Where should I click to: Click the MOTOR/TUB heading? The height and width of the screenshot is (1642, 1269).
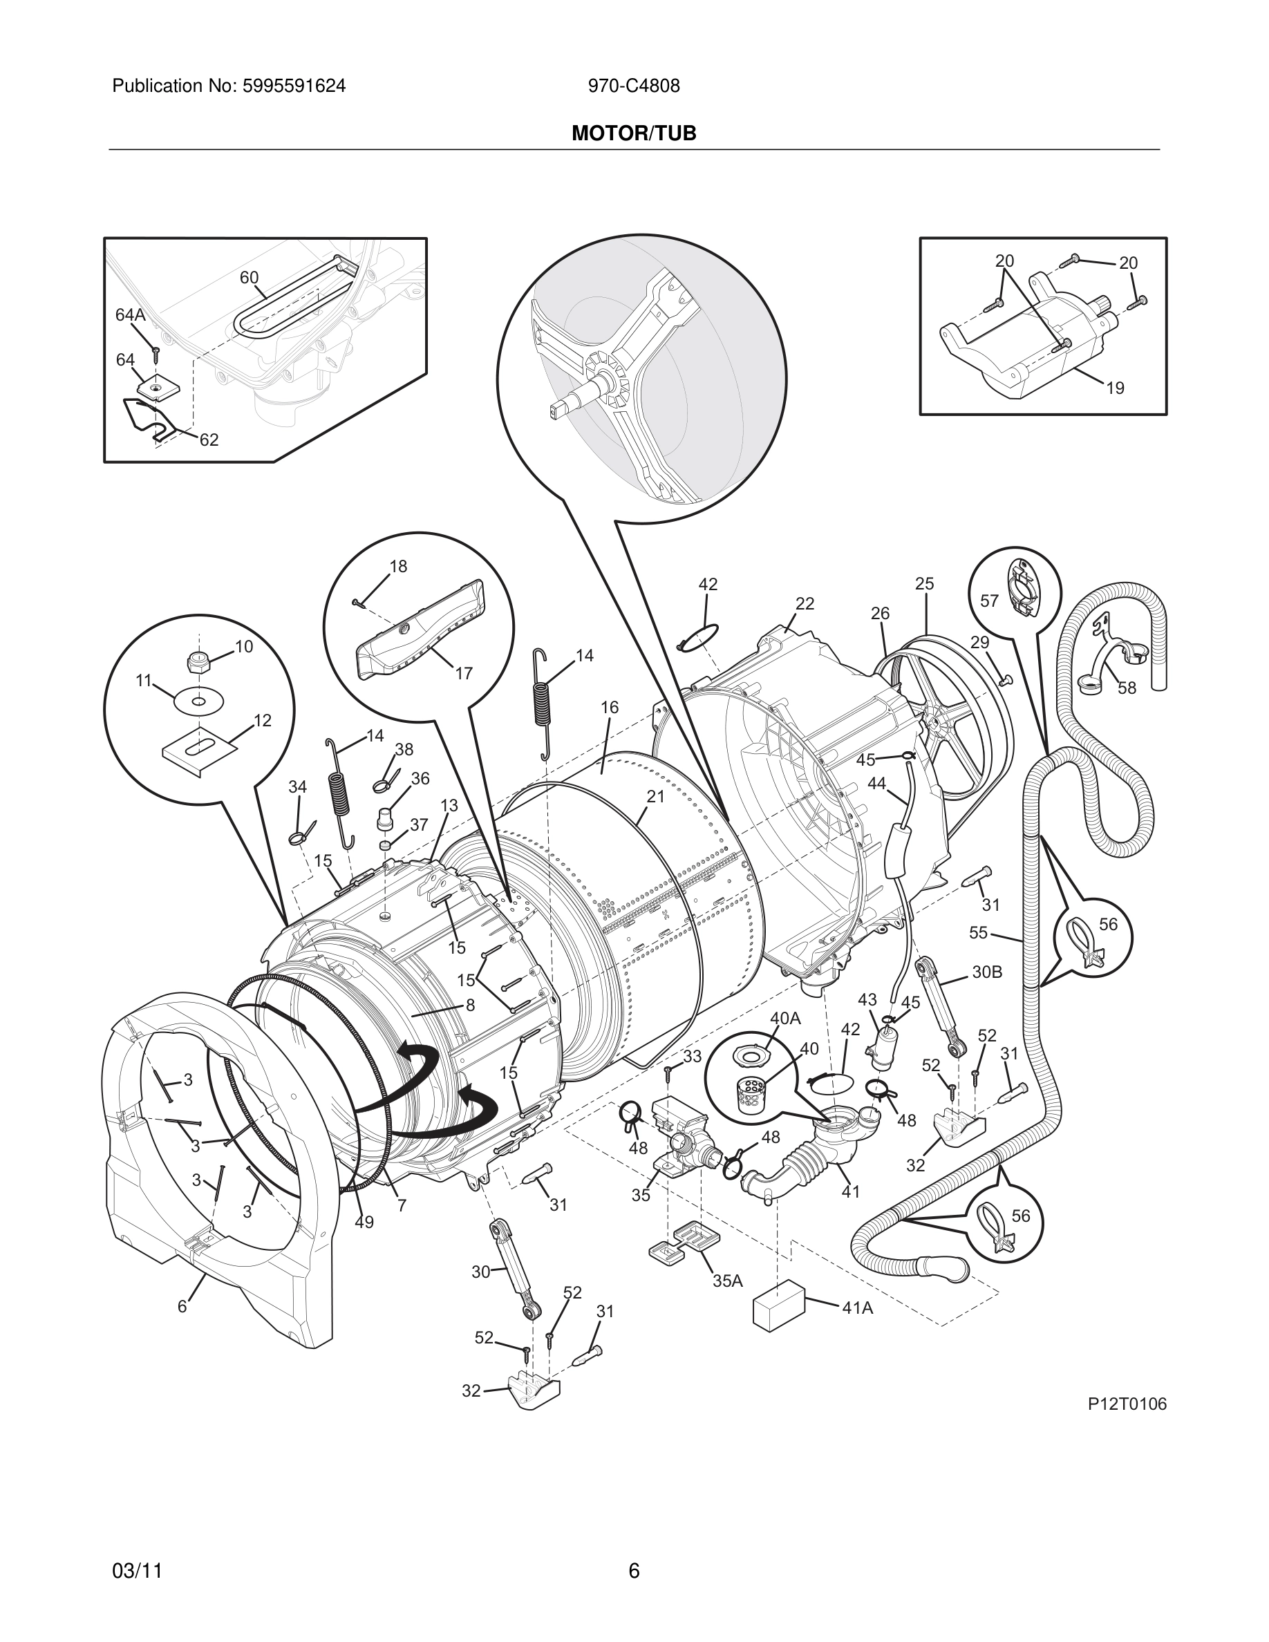coord(634,134)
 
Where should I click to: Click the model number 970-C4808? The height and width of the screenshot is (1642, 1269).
coord(634,86)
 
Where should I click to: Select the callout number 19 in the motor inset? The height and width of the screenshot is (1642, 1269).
coord(1115,388)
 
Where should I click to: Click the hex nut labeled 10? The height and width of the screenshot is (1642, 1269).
coord(197,661)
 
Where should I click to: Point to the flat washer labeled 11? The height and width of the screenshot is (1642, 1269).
coord(198,702)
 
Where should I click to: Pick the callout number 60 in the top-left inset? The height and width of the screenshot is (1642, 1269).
coord(249,277)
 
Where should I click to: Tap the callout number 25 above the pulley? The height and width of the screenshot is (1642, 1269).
coord(925,583)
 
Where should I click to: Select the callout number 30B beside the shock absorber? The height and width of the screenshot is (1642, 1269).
coord(987,972)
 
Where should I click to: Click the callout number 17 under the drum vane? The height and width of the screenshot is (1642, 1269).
coord(464,674)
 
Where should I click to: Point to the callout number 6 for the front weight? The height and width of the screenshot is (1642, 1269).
coord(182,1307)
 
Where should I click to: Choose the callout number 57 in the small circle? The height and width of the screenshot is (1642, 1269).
coord(989,601)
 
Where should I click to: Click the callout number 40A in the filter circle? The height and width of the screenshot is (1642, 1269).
coord(785,1019)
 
